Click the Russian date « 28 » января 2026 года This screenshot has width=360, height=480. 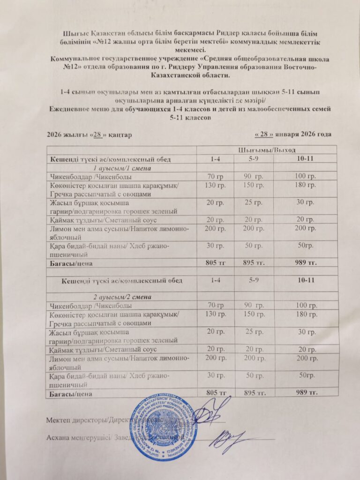[x=292, y=134]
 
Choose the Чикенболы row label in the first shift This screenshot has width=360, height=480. [x=90, y=177]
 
